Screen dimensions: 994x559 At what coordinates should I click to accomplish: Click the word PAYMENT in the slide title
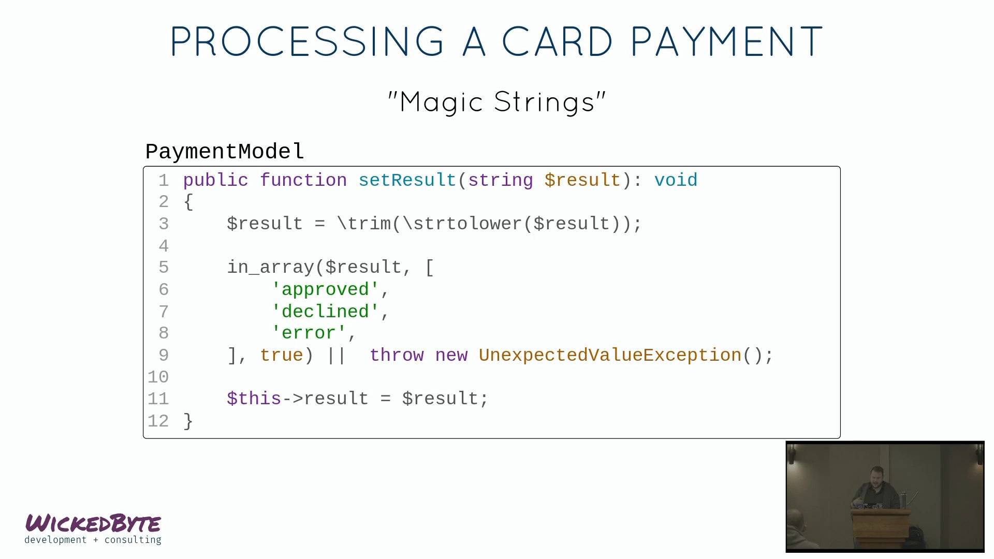pos(726,41)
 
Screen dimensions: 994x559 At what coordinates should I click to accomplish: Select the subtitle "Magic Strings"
pos(497,101)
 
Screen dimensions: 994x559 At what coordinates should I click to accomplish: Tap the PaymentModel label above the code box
pos(225,152)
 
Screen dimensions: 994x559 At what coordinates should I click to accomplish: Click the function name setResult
pos(407,180)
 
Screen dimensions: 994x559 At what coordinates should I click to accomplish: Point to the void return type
pos(676,180)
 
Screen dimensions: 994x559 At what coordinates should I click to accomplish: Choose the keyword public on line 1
pos(216,181)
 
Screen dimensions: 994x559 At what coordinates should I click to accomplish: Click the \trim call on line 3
pos(364,224)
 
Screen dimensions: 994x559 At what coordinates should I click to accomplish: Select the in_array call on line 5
pos(270,267)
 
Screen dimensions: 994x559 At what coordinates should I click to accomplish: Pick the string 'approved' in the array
pos(325,289)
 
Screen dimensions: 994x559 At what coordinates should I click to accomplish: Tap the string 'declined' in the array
pos(325,311)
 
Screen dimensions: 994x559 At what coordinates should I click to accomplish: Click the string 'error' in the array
pos(309,333)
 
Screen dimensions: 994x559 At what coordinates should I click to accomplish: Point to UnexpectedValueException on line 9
pos(610,355)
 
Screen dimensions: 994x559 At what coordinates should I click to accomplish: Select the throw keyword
pos(397,355)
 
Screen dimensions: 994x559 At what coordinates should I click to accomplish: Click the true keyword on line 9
pos(281,355)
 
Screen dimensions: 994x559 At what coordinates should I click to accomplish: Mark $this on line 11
pos(254,399)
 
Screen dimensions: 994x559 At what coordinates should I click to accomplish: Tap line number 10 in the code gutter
pos(158,377)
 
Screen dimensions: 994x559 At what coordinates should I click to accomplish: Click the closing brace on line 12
pos(188,421)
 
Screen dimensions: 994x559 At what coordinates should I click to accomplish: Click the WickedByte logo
pos(93,528)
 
